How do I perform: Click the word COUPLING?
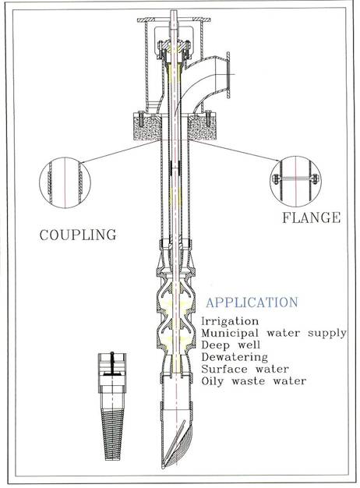78,235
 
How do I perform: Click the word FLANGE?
311,217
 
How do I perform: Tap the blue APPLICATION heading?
252,302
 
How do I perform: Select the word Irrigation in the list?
230,321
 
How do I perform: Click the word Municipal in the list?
230,334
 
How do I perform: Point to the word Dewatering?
235,357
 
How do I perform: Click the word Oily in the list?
213,381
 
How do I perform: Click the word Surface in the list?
224,369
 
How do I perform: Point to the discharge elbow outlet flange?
228,76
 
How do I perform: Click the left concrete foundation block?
146,127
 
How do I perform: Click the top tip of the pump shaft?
173,11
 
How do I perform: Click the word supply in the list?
326,334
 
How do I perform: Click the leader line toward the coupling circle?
121,151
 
